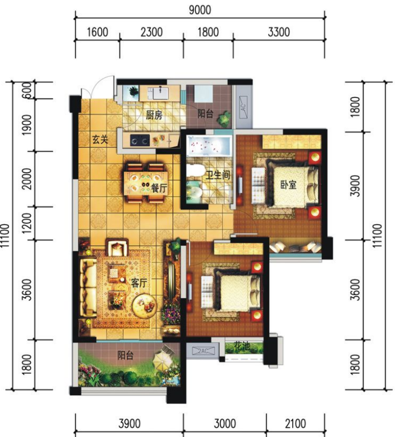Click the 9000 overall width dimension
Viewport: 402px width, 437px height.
(200, 10)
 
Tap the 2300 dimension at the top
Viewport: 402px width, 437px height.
(151, 32)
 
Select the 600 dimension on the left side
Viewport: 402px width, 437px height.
(27, 90)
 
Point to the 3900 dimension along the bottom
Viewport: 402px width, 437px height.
(129, 423)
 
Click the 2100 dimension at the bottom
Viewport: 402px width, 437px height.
(295, 423)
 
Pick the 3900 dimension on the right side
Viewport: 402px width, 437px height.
(355, 186)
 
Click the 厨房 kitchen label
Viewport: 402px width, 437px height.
(154, 115)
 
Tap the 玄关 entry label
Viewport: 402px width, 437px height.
(100, 139)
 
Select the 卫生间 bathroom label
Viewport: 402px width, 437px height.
(218, 175)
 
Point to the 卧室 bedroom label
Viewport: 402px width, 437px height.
(288, 185)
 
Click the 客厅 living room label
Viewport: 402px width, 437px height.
(139, 283)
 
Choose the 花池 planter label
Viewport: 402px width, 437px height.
(242, 347)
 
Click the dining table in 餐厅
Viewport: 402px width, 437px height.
(146, 183)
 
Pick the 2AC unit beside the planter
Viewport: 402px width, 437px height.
(203, 351)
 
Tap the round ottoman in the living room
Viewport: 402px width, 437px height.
(144, 305)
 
